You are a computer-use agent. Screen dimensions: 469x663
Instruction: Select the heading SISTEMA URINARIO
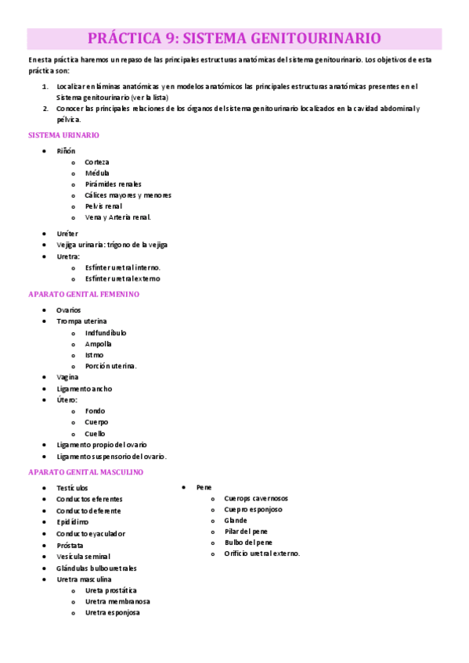(x=63, y=135)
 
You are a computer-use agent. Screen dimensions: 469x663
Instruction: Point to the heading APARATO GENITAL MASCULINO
(x=85, y=472)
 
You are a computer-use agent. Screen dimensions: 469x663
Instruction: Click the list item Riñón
(x=66, y=150)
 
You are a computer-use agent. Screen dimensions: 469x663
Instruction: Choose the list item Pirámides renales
(x=113, y=184)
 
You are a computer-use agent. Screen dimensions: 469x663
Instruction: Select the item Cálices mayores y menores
(x=128, y=195)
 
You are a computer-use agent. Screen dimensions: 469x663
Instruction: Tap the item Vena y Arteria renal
(x=117, y=217)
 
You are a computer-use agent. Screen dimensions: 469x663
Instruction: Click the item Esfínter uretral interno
(x=123, y=267)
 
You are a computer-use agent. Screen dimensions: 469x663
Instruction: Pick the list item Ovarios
(x=68, y=310)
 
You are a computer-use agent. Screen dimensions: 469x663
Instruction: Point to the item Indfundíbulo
(x=106, y=332)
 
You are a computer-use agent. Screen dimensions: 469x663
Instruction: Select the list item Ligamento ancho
(x=84, y=388)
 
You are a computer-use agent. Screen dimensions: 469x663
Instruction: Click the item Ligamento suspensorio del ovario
(x=111, y=456)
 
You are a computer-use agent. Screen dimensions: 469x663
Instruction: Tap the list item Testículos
(x=72, y=488)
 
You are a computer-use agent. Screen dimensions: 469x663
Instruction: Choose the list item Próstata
(x=70, y=545)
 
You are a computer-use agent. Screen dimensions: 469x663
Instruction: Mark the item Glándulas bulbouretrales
(x=96, y=568)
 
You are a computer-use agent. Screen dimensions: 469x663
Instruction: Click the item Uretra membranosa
(x=117, y=601)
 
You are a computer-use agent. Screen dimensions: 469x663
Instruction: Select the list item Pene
(x=204, y=487)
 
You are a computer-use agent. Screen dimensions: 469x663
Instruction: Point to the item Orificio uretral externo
(x=262, y=554)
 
